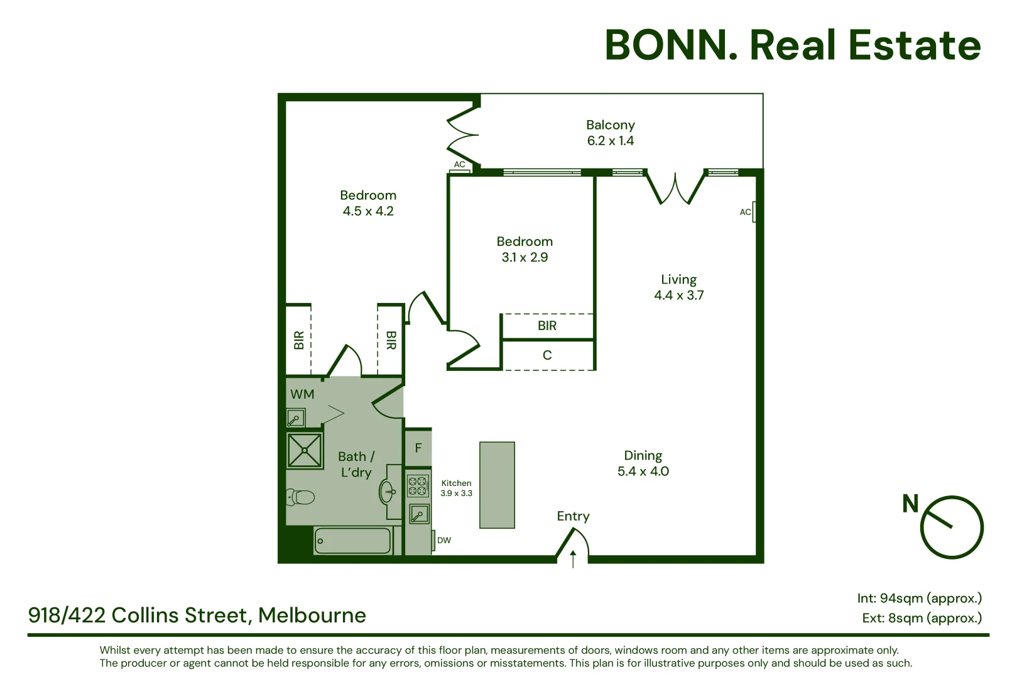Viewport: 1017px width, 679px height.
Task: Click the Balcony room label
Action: pos(610,125)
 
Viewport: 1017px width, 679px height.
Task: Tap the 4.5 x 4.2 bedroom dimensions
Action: pos(368,211)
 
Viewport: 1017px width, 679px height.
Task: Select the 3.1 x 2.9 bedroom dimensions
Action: pos(525,257)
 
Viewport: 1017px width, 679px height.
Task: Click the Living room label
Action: pos(678,279)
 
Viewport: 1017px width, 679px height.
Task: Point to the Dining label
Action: pos(643,455)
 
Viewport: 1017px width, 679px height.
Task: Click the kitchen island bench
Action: pos(497,485)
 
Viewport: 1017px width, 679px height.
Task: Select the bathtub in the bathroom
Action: pos(352,541)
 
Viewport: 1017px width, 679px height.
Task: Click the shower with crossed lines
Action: pos(305,450)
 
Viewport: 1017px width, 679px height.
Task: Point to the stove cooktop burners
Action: pos(417,486)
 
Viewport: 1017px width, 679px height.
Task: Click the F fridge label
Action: pos(418,448)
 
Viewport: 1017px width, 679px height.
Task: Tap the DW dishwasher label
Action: pos(444,540)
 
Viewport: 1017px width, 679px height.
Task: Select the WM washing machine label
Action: pos(302,394)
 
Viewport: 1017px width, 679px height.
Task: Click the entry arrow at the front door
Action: pos(573,558)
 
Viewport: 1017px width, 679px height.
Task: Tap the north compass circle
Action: pos(951,527)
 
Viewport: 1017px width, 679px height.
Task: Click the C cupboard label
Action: pos(547,355)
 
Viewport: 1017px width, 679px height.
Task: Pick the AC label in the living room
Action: pos(745,212)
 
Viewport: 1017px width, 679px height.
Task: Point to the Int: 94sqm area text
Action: pos(919,598)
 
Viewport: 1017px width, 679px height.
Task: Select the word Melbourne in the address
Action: pos(312,615)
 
